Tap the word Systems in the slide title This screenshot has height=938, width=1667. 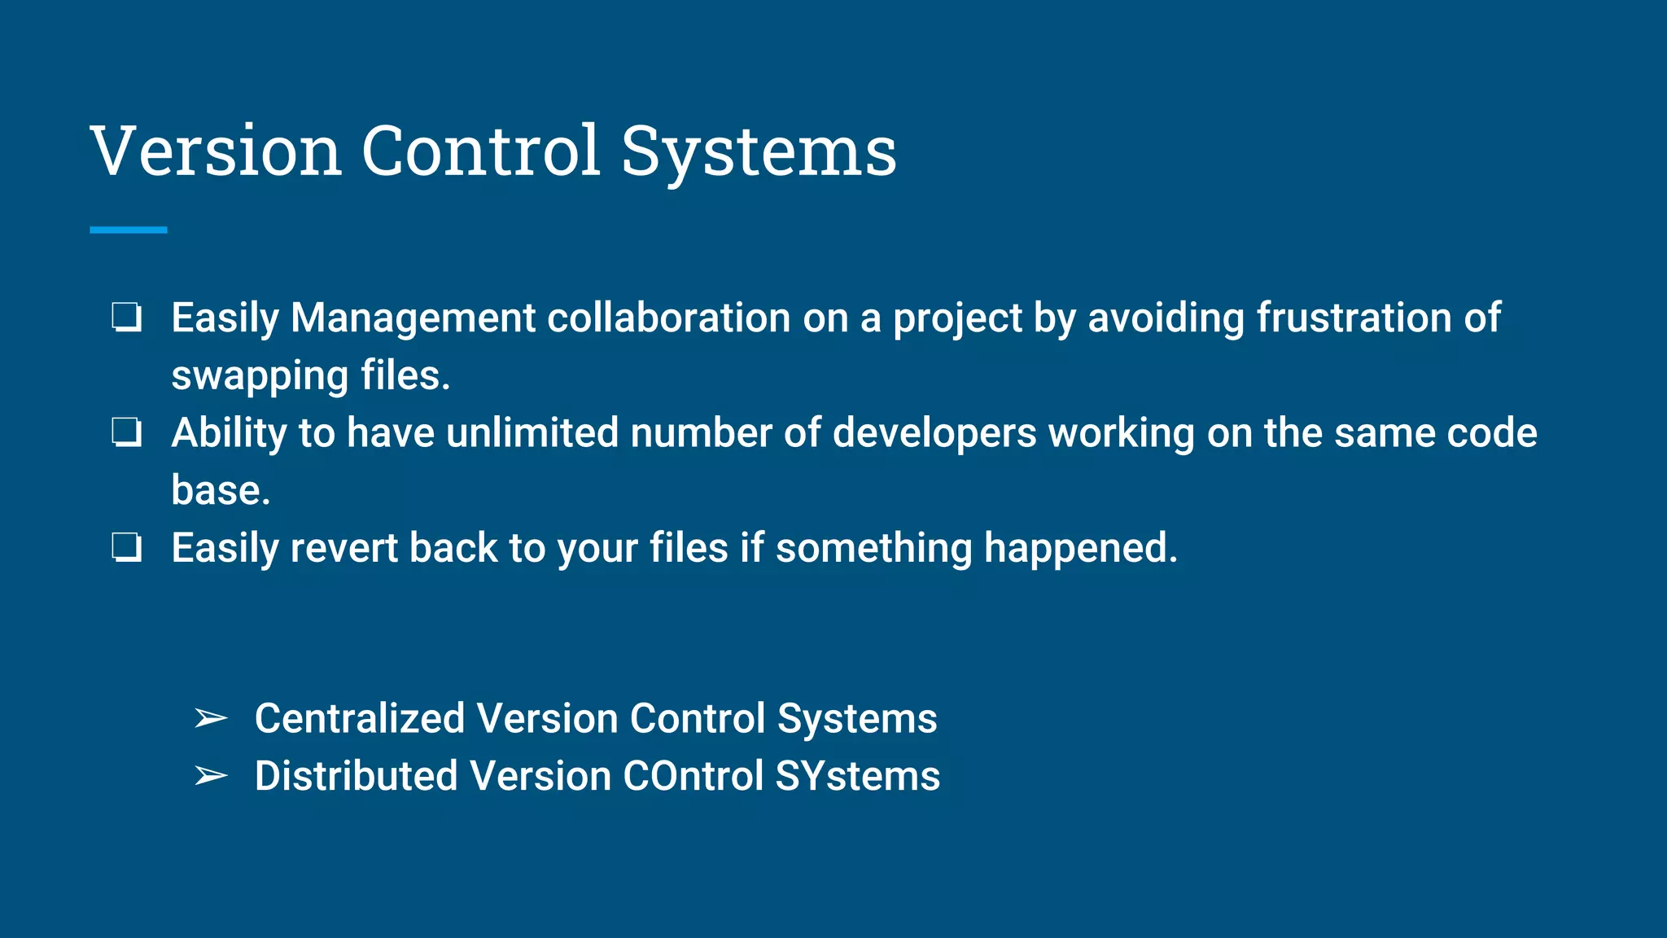(x=759, y=152)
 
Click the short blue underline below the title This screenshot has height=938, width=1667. (x=129, y=230)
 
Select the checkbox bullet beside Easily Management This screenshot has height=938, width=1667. (x=127, y=317)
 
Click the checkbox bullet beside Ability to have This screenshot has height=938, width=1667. (x=127, y=432)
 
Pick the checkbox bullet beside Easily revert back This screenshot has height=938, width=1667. (x=127, y=548)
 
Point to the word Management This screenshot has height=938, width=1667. (x=413, y=318)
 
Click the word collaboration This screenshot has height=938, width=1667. (x=668, y=318)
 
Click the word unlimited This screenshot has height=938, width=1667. (x=532, y=432)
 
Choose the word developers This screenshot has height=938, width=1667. (x=934, y=434)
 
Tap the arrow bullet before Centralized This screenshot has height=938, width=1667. (x=211, y=718)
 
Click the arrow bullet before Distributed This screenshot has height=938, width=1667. (x=211, y=776)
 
